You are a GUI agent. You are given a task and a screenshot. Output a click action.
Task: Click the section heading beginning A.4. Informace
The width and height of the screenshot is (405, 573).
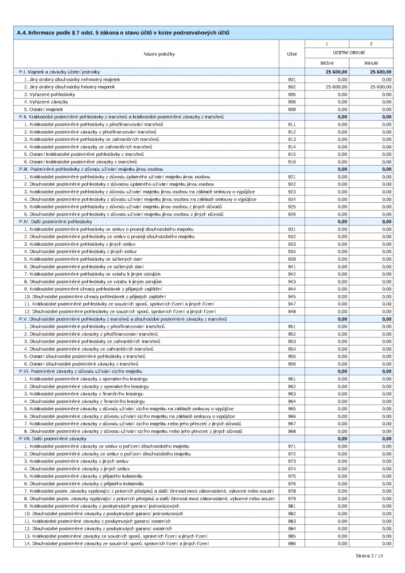pyautogui.click(x=124, y=33)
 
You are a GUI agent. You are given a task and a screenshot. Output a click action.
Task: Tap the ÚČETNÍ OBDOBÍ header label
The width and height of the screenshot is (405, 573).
pyautogui.click(x=349, y=52)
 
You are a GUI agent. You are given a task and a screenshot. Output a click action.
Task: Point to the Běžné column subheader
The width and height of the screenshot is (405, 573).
pyautogui.click(x=326, y=62)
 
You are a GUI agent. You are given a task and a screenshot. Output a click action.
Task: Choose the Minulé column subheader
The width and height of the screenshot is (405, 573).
pyautogui.click(x=371, y=62)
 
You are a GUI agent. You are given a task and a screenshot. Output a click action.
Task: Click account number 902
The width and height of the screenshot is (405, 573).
pyautogui.click(x=292, y=87)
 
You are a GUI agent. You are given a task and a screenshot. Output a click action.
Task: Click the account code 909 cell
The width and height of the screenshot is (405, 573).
pyautogui.click(x=292, y=109)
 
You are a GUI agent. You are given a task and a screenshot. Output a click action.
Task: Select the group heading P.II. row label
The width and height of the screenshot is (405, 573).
pyautogui.click(x=121, y=116)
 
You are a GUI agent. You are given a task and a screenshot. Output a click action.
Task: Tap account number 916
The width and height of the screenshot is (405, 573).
pyautogui.click(x=292, y=162)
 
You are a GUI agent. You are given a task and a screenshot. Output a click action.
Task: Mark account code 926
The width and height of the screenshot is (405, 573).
pyautogui.click(x=292, y=214)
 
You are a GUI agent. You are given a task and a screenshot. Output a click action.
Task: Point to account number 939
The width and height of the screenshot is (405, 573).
pyautogui.click(x=292, y=259)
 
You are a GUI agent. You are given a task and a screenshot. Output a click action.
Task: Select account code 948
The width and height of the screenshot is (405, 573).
pyautogui.click(x=292, y=311)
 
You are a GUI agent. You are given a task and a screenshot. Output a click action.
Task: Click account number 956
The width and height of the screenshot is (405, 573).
pyautogui.click(x=292, y=363)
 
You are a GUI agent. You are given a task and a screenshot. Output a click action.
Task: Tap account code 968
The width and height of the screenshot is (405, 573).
pyautogui.click(x=292, y=431)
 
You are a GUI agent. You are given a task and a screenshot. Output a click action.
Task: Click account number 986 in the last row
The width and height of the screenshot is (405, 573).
pyautogui.click(x=292, y=543)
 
